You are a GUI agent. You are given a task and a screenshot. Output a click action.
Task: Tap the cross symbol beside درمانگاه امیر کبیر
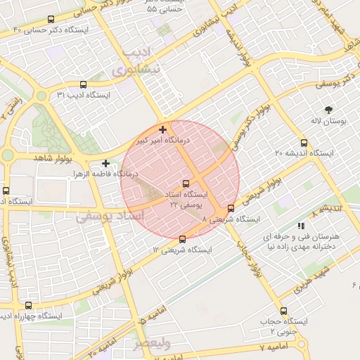click(x=163, y=129)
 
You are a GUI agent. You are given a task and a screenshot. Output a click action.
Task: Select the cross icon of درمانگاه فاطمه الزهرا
click(x=105, y=163)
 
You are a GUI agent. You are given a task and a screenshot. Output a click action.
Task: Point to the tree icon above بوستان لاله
click(x=328, y=109)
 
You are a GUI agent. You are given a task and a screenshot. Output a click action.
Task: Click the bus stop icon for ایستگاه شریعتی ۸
click(x=231, y=207)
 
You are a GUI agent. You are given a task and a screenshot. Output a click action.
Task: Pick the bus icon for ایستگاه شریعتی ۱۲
click(x=183, y=238)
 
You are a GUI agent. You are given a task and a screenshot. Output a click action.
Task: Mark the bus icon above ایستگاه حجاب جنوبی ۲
click(x=283, y=311)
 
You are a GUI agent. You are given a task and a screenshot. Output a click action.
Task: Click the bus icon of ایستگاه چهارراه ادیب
click(x=28, y=305)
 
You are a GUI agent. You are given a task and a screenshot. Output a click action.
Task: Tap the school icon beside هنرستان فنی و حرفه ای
click(x=301, y=226)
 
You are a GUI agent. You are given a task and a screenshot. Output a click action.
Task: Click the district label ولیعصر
click(x=152, y=344)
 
